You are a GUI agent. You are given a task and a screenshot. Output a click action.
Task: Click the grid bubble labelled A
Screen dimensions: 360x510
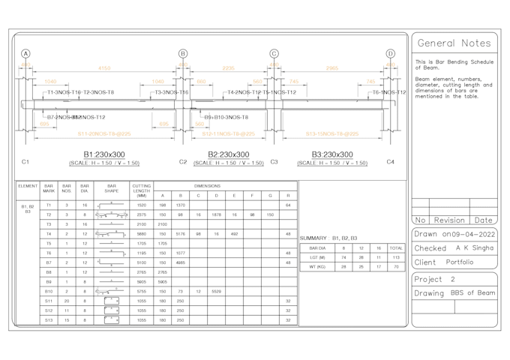25,54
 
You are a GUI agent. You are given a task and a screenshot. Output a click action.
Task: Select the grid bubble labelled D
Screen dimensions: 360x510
390,54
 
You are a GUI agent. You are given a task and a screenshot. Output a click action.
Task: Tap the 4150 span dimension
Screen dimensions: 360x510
104,68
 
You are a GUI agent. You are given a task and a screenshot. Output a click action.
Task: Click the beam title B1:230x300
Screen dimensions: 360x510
104,154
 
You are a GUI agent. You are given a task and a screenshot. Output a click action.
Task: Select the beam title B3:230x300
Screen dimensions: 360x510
332,154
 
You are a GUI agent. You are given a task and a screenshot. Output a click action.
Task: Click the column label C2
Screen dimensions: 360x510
183,162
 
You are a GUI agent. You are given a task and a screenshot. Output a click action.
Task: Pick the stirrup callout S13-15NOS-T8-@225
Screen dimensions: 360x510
331,134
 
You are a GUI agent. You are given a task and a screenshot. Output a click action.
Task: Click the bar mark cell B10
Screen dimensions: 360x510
49,291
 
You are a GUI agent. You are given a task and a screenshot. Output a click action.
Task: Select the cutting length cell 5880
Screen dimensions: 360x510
142,233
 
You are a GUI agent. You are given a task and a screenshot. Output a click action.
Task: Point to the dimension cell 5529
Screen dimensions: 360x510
216,291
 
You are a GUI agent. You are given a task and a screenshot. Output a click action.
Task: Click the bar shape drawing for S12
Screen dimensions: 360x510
111,310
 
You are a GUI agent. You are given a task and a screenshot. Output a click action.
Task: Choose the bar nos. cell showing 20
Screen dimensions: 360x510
67,300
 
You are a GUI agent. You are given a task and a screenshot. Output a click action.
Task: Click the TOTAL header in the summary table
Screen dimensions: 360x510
395,247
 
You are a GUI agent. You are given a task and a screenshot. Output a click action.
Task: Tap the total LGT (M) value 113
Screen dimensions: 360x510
395,257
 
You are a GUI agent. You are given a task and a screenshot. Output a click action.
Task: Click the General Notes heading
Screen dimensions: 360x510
454,43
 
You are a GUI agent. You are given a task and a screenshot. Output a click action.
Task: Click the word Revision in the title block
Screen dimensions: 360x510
449,220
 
